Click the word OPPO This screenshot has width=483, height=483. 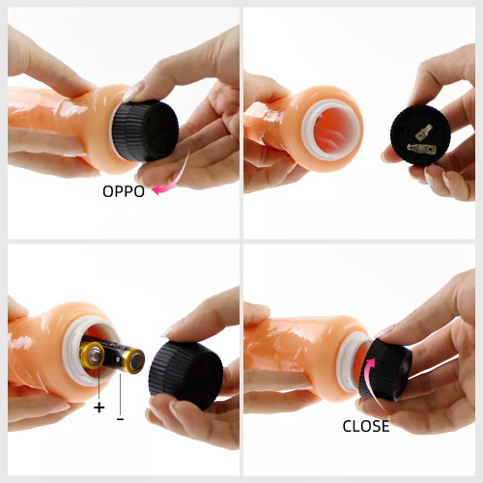coord(124,191)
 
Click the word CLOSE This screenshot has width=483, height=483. coord(366,426)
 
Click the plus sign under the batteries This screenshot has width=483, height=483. coord(99,408)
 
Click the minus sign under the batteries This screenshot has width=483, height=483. coord(120,419)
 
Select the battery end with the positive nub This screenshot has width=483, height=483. coord(92,355)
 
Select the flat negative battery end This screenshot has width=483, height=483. coord(133,361)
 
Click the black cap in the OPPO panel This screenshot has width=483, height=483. coord(146,129)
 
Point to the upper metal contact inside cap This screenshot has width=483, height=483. coord(423,132)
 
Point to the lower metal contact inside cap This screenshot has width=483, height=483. coord(421,149)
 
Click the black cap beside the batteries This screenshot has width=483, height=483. coord(185,376)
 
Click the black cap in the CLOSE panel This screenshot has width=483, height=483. coord(385,370)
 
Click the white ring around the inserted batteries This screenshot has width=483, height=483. coord(71,351)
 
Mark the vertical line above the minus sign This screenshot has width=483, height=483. coord(120,394)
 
